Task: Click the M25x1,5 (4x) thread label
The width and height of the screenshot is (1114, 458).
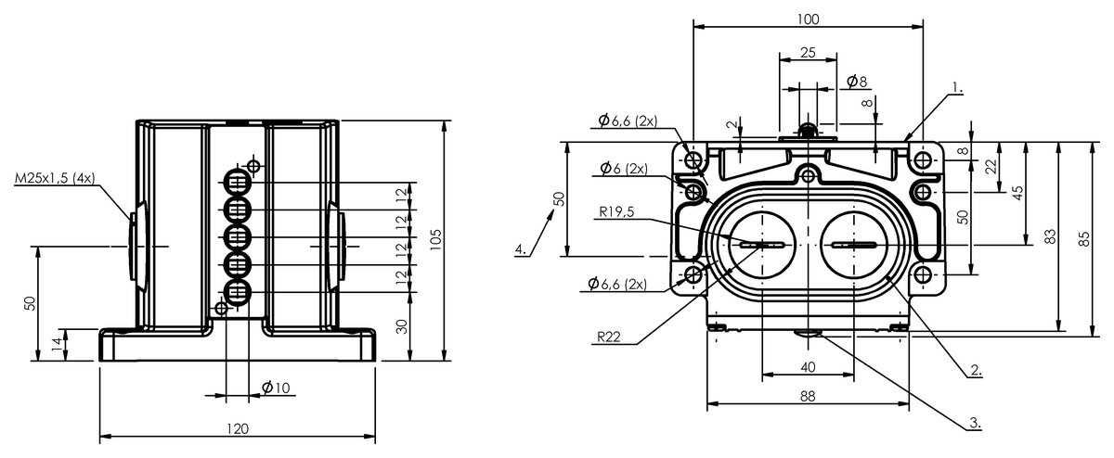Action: (x=54, y=177)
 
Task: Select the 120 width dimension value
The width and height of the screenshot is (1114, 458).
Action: (x=238, y=428)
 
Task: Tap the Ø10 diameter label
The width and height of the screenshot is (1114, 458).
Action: (x=276, y=388)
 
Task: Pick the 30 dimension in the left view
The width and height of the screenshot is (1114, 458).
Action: (x=402, y=326)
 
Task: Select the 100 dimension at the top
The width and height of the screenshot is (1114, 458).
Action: (x=808, y=19)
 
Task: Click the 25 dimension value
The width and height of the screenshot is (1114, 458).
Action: (x=808, y=53)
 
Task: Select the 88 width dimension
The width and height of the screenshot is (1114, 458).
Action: (x=808, y=396)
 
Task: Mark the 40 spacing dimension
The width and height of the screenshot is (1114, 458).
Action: (x=808, y=367)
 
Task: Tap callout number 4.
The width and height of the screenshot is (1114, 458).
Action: (x=522, y=248)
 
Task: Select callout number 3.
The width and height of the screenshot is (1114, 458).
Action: (x=974, y=422)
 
